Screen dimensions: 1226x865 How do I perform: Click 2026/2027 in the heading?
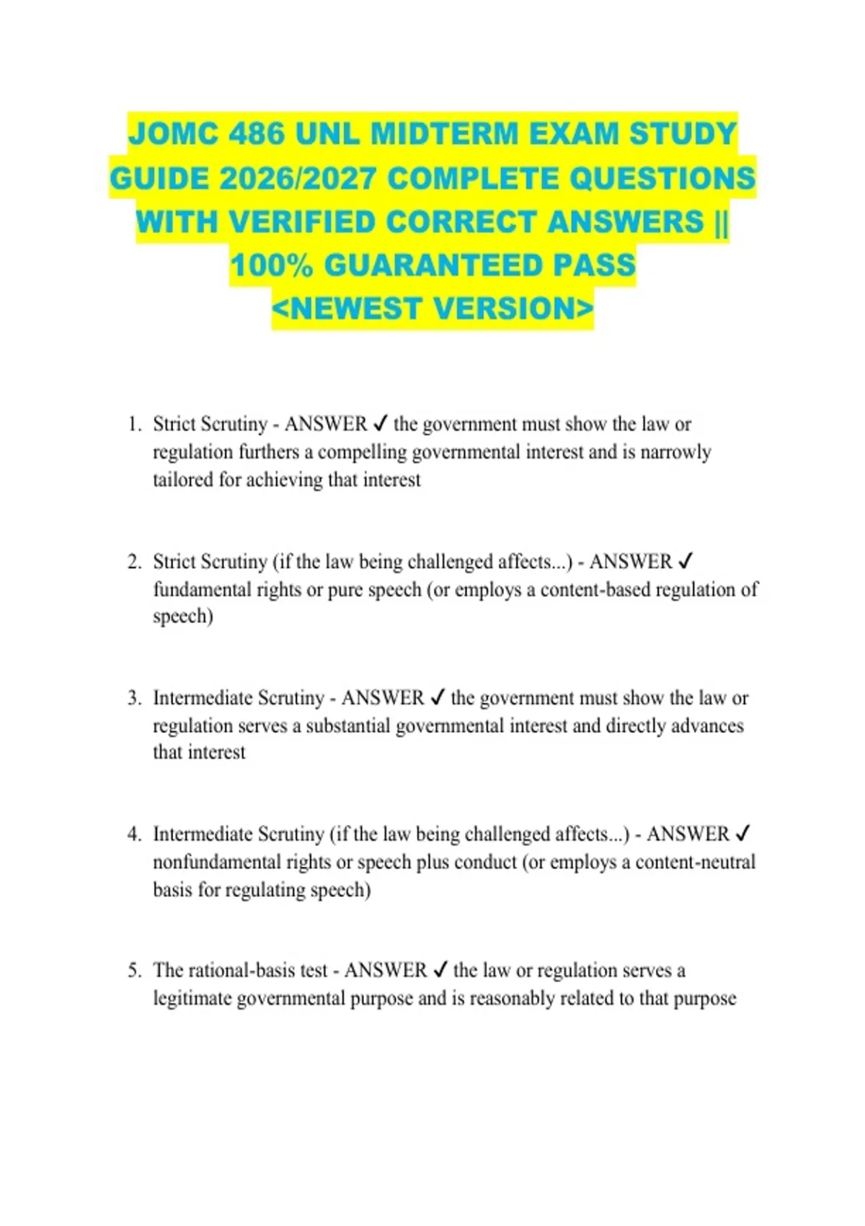pos(298,178)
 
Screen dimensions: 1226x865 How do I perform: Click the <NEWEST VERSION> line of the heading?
pos(432,309)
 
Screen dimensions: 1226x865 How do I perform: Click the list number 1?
pos(134,424)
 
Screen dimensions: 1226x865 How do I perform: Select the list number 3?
pos(134,698)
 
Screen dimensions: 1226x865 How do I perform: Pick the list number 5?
pos(134,971)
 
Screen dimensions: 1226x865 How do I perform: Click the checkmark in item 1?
pos(381,424)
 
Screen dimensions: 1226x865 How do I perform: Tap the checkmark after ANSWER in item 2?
pos(686,561)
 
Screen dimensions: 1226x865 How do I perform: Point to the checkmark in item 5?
pos(440,971)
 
